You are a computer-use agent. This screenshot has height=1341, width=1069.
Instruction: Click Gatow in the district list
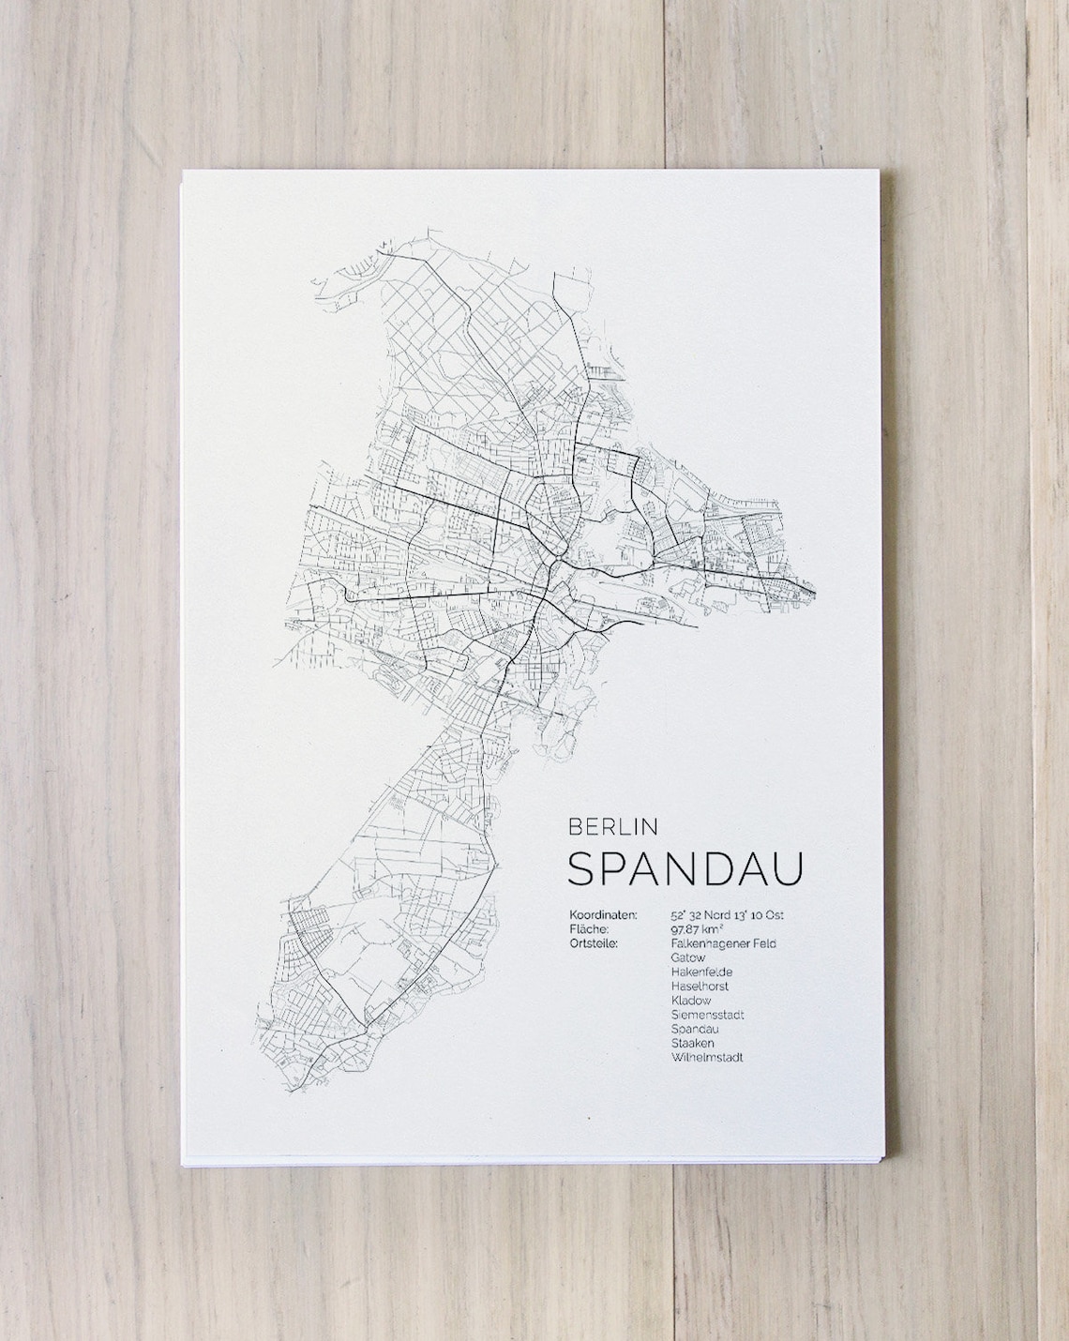pyautogui.click(x=688, y=957)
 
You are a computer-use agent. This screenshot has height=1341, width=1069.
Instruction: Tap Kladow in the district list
pyautogui.click(x=691, y=1001)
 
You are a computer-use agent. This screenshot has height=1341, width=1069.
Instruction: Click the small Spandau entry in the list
pyautogui.click(x=694, y=1029)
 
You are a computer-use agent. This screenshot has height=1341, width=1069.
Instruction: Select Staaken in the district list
pyautogui.click(x=693, y=1043)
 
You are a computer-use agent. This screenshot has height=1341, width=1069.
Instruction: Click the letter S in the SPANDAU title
pyautogui.click(x=580, y=868)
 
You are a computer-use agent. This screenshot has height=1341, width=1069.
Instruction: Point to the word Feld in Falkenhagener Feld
pyautogui.click(x=763, y=943)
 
